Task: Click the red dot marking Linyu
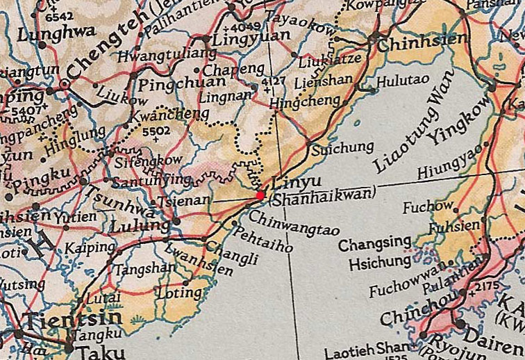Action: tap(260, 195)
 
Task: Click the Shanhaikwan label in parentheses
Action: tap(322, 197)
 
